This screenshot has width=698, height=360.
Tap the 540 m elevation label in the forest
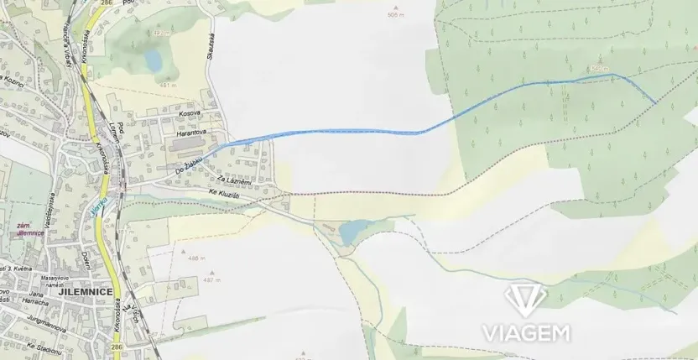pyautogui.click(x=596, y=67)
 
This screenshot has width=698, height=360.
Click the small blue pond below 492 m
pyautogui.click(x=153, y=59)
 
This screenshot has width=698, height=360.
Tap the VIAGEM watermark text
pyautogui.click(x=526, y=332)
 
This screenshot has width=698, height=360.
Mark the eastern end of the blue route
pyautogui.click(x=655, y=102)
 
